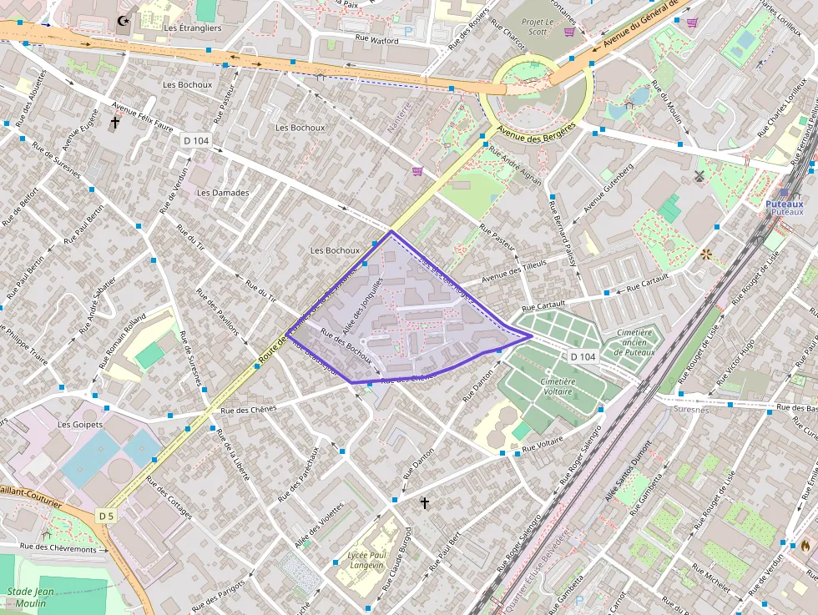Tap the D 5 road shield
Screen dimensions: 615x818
tap(105, 517)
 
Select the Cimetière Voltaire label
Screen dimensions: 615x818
tap(558, 386)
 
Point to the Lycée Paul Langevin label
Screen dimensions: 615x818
tap(366, 560)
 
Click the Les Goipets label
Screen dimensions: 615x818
tap(79, 424)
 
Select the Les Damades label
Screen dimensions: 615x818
tap(223, 193)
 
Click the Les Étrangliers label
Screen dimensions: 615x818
tap(193, 28)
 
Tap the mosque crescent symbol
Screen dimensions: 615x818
tap(124, 20)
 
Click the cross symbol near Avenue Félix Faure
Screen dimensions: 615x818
tap(114, 123)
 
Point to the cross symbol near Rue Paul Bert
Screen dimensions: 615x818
tap(425, 503)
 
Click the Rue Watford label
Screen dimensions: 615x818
tap(376, 38)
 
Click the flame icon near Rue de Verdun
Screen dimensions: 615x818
tap(805, 545)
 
